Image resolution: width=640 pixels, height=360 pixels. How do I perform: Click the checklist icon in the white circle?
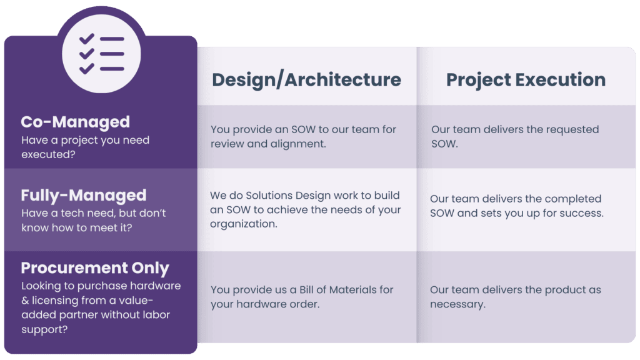tap(102, 54)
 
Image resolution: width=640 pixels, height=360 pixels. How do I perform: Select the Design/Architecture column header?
tap(306, 80)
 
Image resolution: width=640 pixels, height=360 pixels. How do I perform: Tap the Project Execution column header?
tap(526, 80)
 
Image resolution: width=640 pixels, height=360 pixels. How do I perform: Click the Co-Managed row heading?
tap(76, 122)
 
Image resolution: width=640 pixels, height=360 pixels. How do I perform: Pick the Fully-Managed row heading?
tap(84, 196)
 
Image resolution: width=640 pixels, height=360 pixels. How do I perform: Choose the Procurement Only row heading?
tap(95, 267)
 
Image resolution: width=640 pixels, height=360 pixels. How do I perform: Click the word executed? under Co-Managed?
tap(48, 154)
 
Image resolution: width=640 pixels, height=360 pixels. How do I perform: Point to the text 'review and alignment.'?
tap(268, 144)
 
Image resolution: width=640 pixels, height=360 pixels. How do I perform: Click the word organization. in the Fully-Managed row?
tap(243, 224)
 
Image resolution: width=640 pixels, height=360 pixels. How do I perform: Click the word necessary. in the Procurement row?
tap(457, 304)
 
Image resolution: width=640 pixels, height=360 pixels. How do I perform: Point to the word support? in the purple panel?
tap(44, 330)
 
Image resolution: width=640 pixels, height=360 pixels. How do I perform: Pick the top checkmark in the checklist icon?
tap(86, 39)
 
